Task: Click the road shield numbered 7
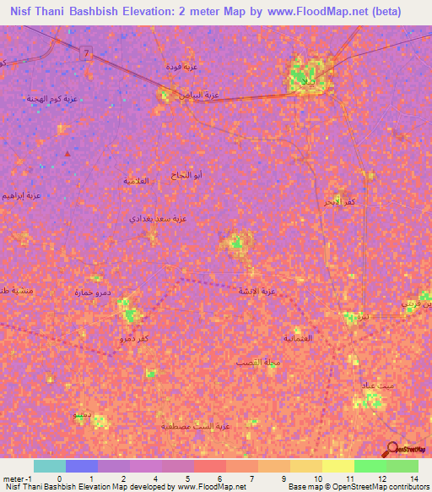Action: [x=87, y=53]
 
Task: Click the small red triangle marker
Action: [x=67, y=154]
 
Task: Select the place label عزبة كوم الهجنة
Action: [x=51, y=99]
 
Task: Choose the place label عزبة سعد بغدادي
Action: [x=158, y=218]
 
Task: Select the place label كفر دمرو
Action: [x=133, y=338]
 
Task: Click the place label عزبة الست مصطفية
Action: [x=196, y=427]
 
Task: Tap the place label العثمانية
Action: [x=296, y=339]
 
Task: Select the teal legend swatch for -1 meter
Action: [x=50, y=466]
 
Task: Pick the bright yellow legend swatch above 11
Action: [x=337, y=466]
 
